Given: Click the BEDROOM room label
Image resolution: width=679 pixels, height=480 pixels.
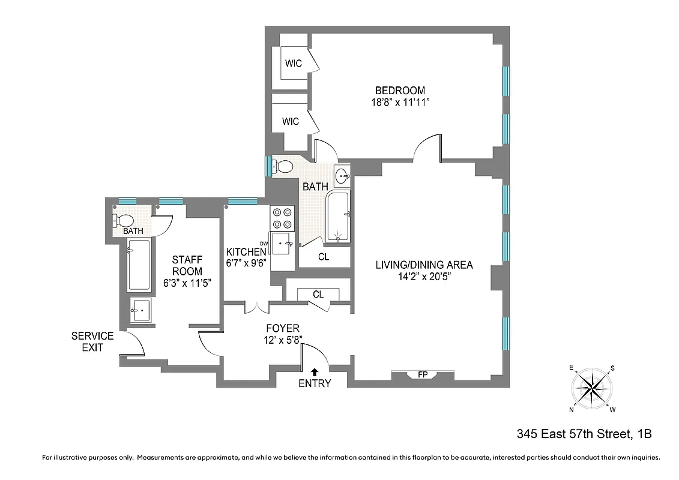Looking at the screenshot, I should click(399, 91).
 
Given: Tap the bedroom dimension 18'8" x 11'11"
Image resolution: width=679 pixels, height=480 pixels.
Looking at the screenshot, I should click(399, 102).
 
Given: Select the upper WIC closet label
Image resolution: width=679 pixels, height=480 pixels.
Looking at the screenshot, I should click(293, 63).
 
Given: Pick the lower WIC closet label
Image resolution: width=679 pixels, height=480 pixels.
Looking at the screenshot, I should click(291, 122).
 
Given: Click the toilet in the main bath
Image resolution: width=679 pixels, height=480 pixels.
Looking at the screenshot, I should click(282, 166).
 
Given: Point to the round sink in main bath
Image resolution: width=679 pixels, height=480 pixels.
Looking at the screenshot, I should click(343, 176).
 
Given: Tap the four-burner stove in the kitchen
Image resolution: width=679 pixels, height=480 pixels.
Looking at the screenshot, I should click(282, 218).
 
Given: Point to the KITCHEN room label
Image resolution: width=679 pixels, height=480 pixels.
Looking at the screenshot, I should click(246, 252).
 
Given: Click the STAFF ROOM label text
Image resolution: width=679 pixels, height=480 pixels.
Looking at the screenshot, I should click(187, 265).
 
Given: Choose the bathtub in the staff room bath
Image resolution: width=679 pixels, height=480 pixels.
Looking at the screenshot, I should click(139, 265).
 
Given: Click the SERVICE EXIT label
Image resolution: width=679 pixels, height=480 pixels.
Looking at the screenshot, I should click(92, 341).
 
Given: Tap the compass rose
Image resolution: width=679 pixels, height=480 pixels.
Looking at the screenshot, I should click(591, 389).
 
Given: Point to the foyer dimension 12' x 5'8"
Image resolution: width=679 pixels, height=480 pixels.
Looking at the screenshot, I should click(283, 340).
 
